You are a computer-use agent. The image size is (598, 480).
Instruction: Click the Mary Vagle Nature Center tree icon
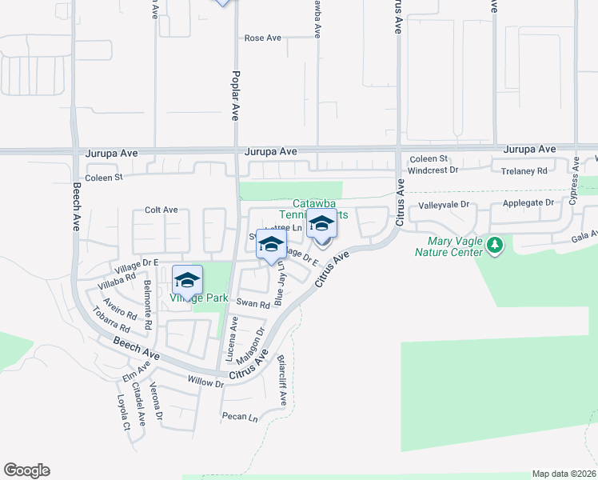[496, 244]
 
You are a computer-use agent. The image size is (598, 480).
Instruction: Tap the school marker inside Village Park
[187, 280]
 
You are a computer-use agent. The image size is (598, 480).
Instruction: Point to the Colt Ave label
[161, 210]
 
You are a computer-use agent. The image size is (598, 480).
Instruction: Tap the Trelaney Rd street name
[524, 171]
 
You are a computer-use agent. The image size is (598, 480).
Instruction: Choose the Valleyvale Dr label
[442, 205]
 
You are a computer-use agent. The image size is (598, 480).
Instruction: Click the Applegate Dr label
[528, 203]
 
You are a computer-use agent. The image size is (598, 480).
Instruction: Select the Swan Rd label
[253, 304]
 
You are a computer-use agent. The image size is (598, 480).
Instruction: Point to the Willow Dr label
[205, 382]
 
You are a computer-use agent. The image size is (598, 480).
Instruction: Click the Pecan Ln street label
[240, 417]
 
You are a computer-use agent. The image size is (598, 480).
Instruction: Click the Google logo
[26, 470]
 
